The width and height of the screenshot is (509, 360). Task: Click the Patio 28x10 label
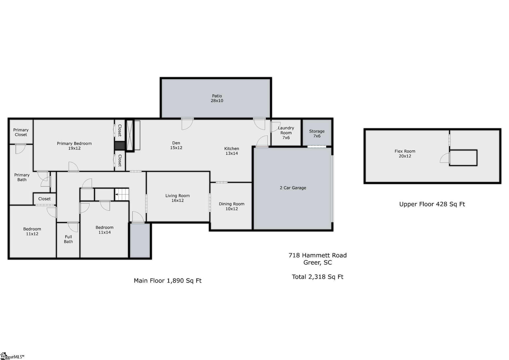pos(217,98)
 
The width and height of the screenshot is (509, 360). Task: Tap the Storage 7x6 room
pos(317,133)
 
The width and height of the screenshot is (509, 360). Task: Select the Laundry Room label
pos(286,133)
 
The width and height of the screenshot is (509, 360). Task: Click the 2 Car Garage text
pos(293,188)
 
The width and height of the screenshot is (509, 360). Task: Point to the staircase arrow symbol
pos(117,194)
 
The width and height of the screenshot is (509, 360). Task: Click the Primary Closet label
pos(21,132)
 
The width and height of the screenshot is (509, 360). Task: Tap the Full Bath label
pos(68,239)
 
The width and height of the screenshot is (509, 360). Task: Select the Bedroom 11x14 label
pos(104,230)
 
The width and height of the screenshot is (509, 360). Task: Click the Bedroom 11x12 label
pos(32,231)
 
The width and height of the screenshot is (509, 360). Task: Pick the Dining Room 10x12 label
pos(231,206)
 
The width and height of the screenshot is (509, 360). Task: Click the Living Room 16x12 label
pos(177,198)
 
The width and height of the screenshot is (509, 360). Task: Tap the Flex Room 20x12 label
pos(405,153)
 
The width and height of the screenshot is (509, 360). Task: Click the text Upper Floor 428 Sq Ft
pos(432,204)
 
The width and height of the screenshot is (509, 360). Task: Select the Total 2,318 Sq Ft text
pos(317,277)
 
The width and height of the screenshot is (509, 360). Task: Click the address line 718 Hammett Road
pos(317,255)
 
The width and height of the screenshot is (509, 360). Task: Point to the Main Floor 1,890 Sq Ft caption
pos(168,280)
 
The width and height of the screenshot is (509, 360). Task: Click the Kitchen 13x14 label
pos(231,151)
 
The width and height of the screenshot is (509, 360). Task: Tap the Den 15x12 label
pos(176,145)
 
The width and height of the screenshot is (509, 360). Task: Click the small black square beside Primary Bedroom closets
pos(120,146)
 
